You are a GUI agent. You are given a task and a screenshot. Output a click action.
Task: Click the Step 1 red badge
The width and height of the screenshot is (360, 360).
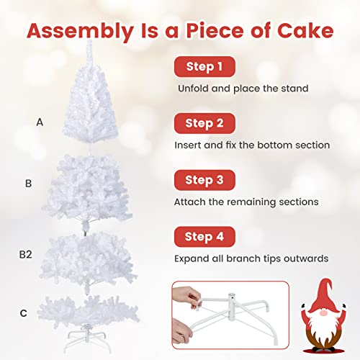tap(204, 67)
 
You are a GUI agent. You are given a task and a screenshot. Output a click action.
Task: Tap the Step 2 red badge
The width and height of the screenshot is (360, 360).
tap(204, 123)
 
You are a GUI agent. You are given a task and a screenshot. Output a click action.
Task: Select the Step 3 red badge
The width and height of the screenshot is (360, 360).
tap(204, 179)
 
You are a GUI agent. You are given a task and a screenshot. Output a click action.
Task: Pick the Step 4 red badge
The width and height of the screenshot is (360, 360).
tap(204, 235)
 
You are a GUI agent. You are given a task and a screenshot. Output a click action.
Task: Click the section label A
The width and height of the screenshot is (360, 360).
tap(40, 122)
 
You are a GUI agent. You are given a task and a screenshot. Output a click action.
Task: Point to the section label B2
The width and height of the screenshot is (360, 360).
tap(27, 254)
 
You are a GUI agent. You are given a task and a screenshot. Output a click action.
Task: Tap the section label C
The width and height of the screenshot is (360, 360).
tap(24, 312)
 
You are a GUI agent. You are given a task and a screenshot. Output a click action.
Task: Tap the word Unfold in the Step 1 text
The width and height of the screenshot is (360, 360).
tap(194, 89)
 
